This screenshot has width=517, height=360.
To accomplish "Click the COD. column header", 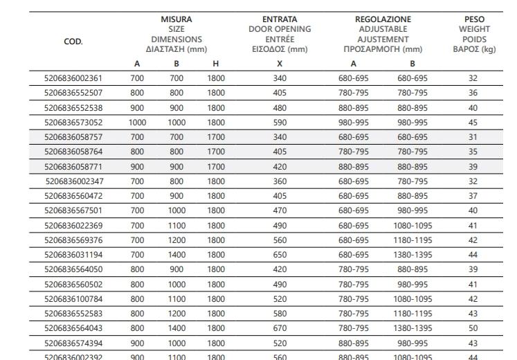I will [x=73, y=41].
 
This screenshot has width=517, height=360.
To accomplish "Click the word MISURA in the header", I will [x=176, y=19].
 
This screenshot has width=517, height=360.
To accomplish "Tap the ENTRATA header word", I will [x=280, y=19].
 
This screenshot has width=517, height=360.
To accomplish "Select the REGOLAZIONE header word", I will [x=383, y=19].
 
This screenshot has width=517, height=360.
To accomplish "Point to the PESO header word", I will [x=474, y=19].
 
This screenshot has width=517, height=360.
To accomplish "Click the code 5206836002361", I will [x=73, y=79].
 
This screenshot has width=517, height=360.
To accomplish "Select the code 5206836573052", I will [x=73, y=123].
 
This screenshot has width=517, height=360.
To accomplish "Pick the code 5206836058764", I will [x=73, y=151].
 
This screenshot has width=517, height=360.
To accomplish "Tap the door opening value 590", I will [x=280, y=123].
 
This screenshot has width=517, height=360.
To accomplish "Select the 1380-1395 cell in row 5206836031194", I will [x=412, y=255].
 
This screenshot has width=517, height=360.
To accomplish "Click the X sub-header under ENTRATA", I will [x=280, y=64].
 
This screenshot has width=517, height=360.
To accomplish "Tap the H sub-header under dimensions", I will [x=216, y=64].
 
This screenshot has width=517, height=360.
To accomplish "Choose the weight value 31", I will [x=473, y=137].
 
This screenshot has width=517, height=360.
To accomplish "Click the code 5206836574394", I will [x=73, y=343].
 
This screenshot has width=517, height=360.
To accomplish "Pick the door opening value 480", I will [x=280, y=108].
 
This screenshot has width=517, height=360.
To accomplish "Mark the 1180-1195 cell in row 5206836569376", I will [x=412, y=241].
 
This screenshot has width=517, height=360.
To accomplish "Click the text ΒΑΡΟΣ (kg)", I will [x=474, y=49].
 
